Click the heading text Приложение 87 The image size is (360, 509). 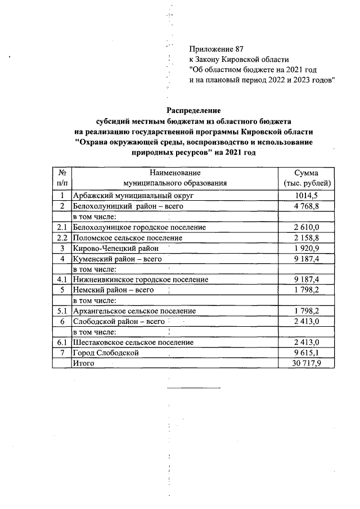coord(215,49)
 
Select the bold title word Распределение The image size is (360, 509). coord(193,111)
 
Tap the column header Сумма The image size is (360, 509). coord(306,173)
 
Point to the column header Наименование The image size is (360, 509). coord(175,173)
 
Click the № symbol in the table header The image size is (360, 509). coord(62,173)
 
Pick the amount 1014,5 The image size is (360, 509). coord(306,196)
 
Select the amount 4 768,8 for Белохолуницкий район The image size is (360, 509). coord(306,206)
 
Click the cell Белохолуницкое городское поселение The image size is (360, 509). coord(139,227)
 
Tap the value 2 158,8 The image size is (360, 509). coord(306,238)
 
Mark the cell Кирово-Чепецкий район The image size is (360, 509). coord(116,248)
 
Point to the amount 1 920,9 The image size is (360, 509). coord(306,248)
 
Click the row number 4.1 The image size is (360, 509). coord(62,280)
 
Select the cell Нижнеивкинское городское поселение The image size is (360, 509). coord(141,280)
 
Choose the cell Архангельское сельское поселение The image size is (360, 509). coord(134,311)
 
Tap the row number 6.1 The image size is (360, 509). coord(62,343)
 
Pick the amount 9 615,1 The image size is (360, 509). coord(306,353)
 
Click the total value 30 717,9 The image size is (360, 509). coord(306,363)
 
